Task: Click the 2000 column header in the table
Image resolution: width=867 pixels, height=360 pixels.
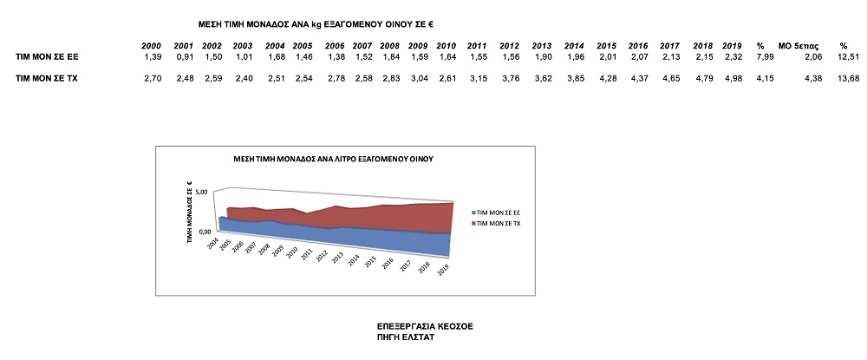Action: coord(153,45)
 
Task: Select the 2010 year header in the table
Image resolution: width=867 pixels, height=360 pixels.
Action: coord(447,45)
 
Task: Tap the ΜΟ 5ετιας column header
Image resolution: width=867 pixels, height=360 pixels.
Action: coord(796,45)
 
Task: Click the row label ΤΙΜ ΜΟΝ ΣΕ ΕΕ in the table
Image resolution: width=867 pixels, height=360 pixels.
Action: coord(46,56)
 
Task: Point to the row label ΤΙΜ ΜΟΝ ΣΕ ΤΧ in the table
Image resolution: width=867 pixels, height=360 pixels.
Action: coord(46,78)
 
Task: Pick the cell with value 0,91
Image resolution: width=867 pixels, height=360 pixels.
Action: coord(184,56)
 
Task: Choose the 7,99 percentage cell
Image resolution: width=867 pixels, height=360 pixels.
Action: coord(759,56)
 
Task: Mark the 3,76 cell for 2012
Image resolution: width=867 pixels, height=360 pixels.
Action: coord(510,78)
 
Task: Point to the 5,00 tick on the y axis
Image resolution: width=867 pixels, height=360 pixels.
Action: coord(204,192)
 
